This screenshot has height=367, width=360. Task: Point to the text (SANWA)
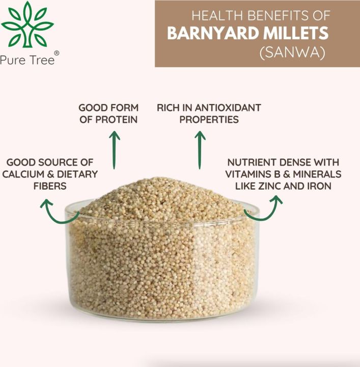(292, 53)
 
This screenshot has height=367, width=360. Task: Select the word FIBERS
(49, 187)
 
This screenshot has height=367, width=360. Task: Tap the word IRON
(319, 187)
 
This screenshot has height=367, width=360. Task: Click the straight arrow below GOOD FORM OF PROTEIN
(115, 150)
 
